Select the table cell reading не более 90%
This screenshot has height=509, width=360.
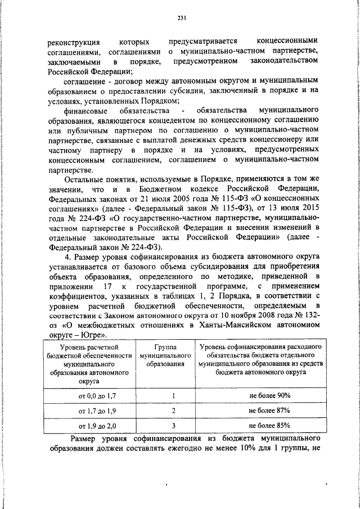coord(269,395)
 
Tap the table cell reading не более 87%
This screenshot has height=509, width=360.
coord(269,411)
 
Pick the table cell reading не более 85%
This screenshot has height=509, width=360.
coord(269,426)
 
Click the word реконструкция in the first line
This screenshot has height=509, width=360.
coord(74,42)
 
